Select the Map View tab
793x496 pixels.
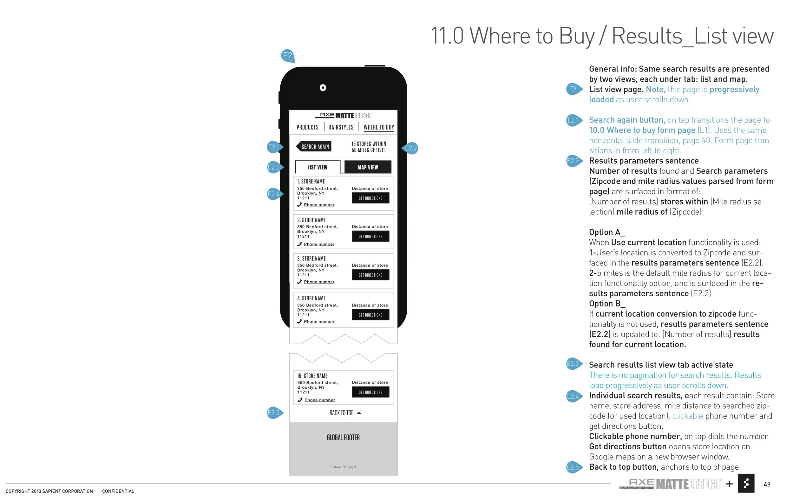[x=368, y=167]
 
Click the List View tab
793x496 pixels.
[x=317, y=167]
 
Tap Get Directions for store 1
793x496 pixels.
[x=370, y=198]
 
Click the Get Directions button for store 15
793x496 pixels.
[x=370, y=392]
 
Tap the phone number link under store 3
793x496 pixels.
[x=319, y=282]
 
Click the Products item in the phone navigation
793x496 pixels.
[x=307, y=127]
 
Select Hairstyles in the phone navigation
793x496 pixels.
[x=341, y=127]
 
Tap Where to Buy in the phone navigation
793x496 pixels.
[x=378, y=127]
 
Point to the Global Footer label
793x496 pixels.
[x=343, y=438]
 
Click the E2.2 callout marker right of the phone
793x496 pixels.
[x=410, y=148]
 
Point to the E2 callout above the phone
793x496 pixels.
[x=287, y=56]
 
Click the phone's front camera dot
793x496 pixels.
[x=323, y=88]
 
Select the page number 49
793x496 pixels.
[x=767, y=484]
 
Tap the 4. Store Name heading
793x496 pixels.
[x=311, y=298]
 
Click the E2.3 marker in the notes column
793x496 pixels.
[x=573, y=364]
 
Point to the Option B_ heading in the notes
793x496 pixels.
[x=607, y=304]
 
